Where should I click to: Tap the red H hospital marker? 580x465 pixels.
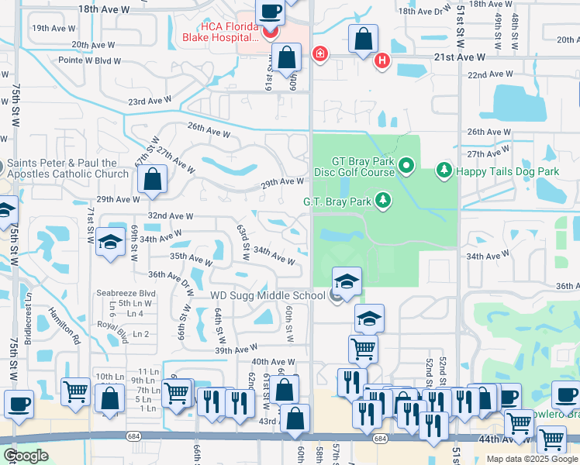(x=381, y=60)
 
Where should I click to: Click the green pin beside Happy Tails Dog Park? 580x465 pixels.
(x=444, y=169)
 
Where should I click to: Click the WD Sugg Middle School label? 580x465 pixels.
(x=268, y=296)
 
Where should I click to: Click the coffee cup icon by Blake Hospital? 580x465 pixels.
(x=270, y=12)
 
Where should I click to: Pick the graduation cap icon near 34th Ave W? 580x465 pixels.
(x=110, y=242)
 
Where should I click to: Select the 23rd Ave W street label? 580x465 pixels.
(x=150, y=102)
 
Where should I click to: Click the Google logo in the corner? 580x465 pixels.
(x=26, y=456)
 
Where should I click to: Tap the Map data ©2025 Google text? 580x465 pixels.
(x=532, y=459)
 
